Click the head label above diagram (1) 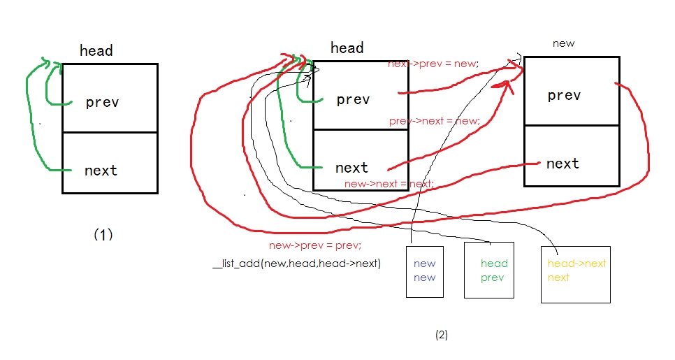[x=96, y=50]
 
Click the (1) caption [x=103, y=235]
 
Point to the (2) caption [x=441, y=334]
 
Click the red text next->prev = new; [x=433, y=64]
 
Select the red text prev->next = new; [x=434, y=121]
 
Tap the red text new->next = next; [x=389, y=184]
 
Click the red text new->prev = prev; [x=315, y=245]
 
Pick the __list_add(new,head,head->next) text [x=296, y=264]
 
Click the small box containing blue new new [x=425, y=270]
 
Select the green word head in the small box [x=494, y=264]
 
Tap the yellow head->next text [x=576, y=264]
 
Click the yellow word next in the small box [x=558, y=278]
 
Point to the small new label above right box [x=563, y=43]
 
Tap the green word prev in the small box [x=492, y=278]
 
